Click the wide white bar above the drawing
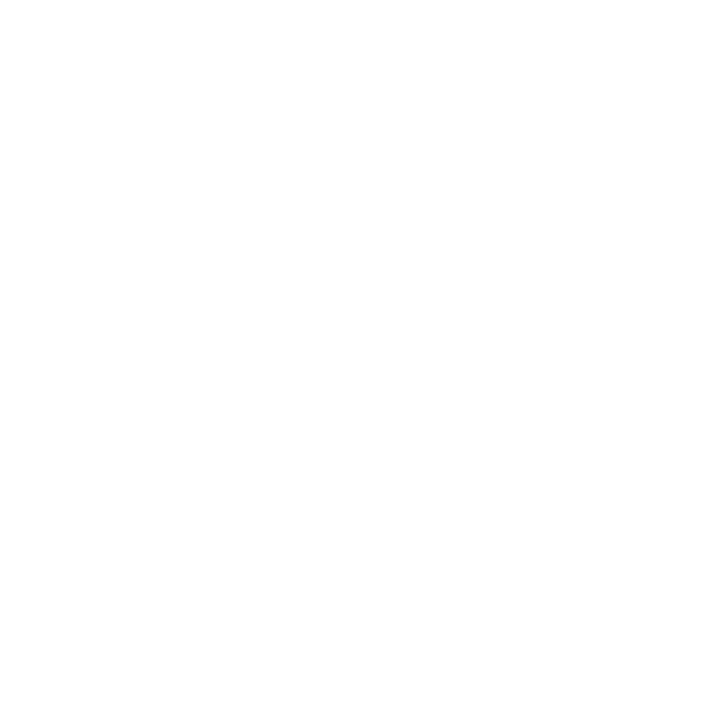pyautogui.click(x=352, y=19)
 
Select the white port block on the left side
pyautogui.click(x=130, y=570)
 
